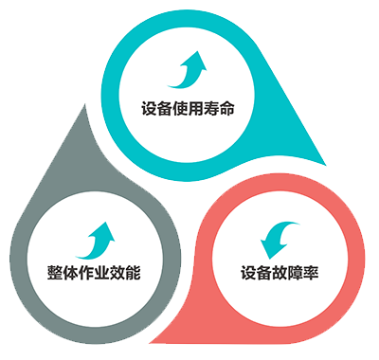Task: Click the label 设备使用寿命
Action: (188, 109)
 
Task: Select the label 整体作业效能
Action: (94, 272)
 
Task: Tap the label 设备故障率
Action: (280, 273)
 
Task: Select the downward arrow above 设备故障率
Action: (278, 238)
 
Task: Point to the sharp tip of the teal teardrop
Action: (326, 165)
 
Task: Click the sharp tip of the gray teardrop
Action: (84, 104)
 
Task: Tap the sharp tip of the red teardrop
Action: (150, 343)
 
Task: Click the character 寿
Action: (211, 109)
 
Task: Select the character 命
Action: (226, 109)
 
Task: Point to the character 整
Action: (55, 272)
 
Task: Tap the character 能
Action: (133, 272)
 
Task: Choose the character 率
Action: (311, 273)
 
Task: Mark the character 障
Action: (296, 273)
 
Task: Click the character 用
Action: (196, 109)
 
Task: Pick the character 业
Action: (101, 272)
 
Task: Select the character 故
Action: (280, 273)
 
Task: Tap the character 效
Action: (117, 272)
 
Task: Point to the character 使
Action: (180, 109)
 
